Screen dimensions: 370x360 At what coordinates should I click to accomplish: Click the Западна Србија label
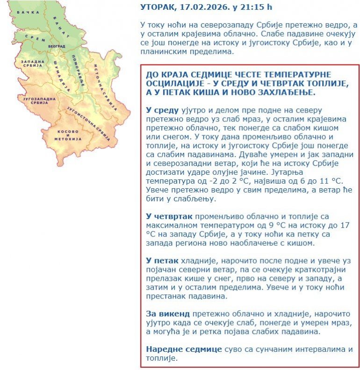(x=32, y=64)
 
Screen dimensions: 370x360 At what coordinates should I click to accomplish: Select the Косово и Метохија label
(x=68, y=134)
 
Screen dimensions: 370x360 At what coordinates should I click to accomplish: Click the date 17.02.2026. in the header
(x=198, y=7)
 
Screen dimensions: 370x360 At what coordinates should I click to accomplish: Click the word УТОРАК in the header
(x=158, y=7)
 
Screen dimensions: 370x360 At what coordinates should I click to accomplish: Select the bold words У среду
(x=162, y=110)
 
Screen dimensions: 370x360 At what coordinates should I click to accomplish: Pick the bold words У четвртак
(x=169, y=216)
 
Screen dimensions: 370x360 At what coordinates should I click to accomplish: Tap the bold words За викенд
(x=167, y=314)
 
